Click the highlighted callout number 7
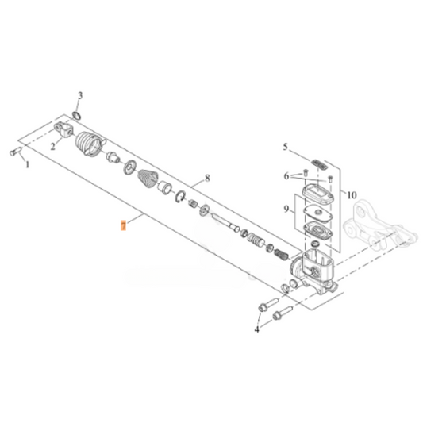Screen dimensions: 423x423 pos(123,225)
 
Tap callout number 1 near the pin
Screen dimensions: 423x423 pos(27,164)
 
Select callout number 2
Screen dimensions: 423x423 pos(53,147)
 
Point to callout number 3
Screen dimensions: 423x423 pos(80,96)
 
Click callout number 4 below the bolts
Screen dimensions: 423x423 pos(257,329)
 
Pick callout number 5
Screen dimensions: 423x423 pos(286,147)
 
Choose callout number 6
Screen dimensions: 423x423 pos(286,176)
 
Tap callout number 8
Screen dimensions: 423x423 pos(207,178)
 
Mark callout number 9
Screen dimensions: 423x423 pos(286,209)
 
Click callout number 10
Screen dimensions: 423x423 pos(352,194)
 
